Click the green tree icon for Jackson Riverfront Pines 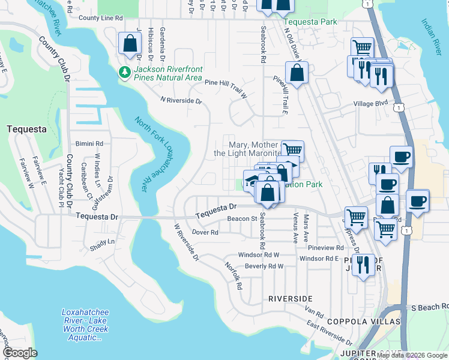[125, 73]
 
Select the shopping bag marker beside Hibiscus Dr [130, 43]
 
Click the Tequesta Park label [310, 22]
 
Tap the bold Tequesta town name [25, 128]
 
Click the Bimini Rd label [89, 144]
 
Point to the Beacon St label [241, 218]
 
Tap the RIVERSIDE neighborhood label [290, 298]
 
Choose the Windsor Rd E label [319, 259]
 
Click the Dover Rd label [205, 232]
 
